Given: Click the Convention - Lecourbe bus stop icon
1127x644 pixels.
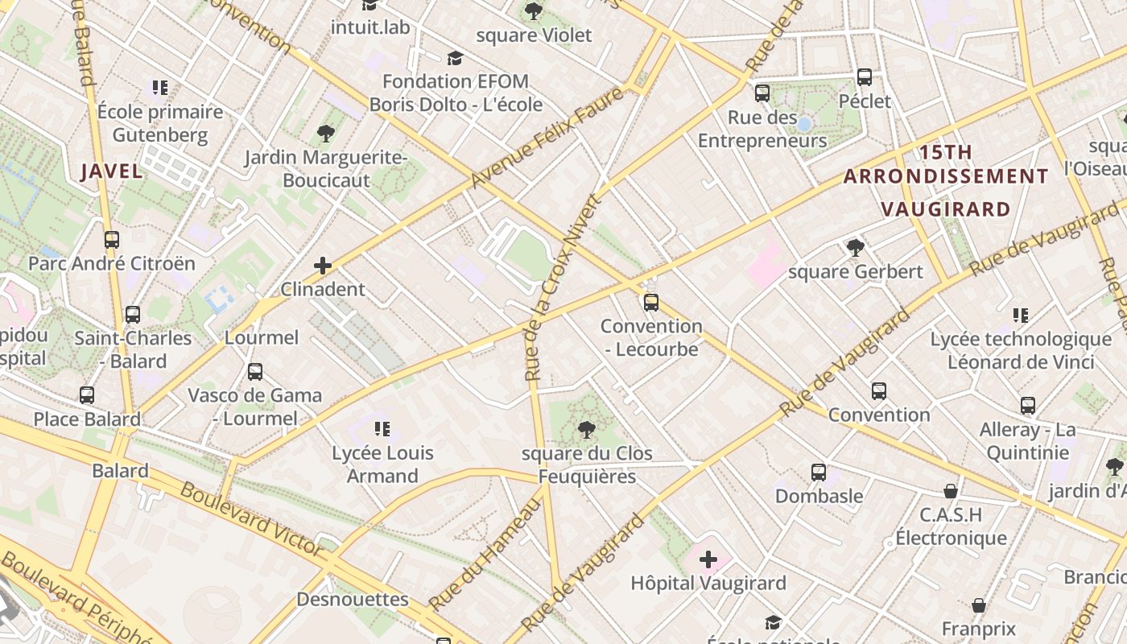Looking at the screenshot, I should (650, 303).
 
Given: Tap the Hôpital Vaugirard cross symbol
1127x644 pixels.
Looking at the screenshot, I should (708, 559).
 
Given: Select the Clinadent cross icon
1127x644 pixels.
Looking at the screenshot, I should (323, 265).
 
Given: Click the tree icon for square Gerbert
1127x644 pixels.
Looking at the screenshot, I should (855, 247).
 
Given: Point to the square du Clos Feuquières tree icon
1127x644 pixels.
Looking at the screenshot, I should (586, 429).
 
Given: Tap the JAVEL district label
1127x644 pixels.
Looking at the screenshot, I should (112, 171).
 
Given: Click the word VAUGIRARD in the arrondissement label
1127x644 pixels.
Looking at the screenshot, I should (945, 209).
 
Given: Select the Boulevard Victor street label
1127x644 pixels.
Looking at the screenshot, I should (251, 520).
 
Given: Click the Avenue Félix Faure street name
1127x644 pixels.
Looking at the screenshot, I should (547, 138).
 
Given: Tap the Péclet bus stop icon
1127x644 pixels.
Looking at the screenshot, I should (865, 77).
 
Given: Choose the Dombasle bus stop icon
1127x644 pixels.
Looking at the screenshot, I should (819, 472).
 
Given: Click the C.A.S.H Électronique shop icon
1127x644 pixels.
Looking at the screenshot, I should (951, 490).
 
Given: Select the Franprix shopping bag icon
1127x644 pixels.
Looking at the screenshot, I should (979, 605).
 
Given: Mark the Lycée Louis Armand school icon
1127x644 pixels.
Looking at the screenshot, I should (382, 429).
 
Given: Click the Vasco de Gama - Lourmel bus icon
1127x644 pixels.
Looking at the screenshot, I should (255, 371).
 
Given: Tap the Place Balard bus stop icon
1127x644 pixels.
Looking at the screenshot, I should (87, 395).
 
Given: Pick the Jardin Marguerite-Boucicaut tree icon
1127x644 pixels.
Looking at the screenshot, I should (326, 133).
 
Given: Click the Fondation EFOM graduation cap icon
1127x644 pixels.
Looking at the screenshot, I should (455, 58).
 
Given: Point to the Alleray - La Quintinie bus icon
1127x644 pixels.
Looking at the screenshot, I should (1027, 405).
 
